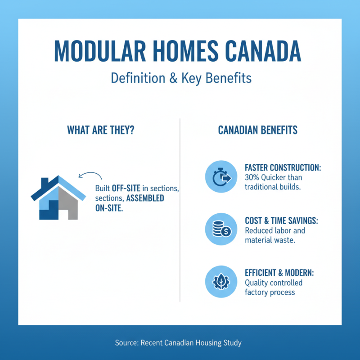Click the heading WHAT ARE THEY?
coord(101,130)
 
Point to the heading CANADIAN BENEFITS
coord(258,130)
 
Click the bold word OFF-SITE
coord(122,188)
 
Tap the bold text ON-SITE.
coord(108,208)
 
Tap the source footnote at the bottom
coord(178,343)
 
